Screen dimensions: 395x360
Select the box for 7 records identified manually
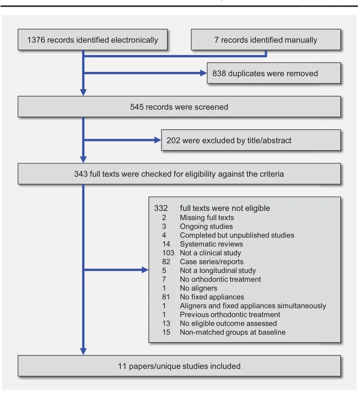click(x=266, y=40)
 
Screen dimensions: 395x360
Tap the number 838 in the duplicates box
click(x=219, y=73)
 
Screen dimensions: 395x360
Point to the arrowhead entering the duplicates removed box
click(x=203, y=73)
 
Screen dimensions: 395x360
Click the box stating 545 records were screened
click(x=179, y=107)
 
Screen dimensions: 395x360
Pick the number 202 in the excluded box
click(x=173, y=140)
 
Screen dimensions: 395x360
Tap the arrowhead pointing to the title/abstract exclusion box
click(x=157, y=140)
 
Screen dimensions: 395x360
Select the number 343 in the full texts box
click(x=81, y=174)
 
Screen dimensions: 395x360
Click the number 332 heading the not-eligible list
click(x=161, y=208)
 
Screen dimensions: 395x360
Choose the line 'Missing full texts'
click(x=207, y=218)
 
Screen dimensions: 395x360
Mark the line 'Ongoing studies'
click(x=206, y=226)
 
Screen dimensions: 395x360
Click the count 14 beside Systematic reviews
click(x=166, y=244)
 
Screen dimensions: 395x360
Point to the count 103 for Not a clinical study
click(x=168, y=253)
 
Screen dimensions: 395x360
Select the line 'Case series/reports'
click(x=211, y=262)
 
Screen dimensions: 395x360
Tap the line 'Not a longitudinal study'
click(x=218, y=271)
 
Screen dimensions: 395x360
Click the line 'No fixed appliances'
click(x=212, y=297)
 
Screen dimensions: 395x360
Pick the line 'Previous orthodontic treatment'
click(x=230, y=315)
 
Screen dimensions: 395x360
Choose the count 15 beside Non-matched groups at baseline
click(x=166, y=332)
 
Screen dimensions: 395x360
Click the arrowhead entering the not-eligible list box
click(x=145, y=270)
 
